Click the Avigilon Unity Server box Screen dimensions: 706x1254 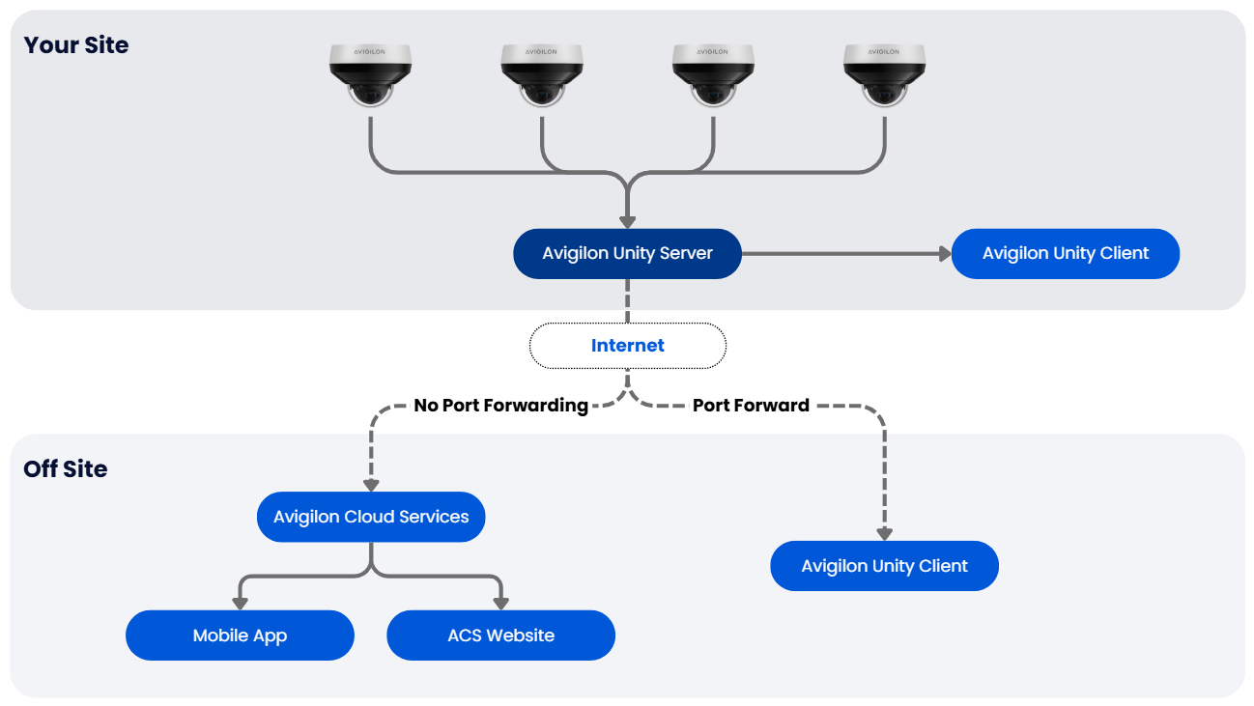coord(627,254)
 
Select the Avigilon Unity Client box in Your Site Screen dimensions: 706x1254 coord(1065,254)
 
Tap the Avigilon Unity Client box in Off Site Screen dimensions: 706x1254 coord(884,566)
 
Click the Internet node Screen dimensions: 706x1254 coord(627,346)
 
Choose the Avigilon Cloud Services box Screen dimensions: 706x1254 coord(371,517)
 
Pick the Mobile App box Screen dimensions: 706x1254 coord(240,635)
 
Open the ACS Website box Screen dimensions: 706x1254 coord(500,635)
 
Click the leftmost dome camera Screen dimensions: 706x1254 coord(371,75)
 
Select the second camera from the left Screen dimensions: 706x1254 coord(542,75)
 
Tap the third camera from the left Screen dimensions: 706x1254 coord(713,75)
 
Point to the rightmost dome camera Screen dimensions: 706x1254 coord(884,75)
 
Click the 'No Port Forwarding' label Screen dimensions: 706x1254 coord(500,406)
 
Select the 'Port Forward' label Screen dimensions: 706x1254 coord(751,406)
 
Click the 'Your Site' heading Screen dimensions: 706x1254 coord(75,45)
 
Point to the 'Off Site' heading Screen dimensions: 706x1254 coord(65,469)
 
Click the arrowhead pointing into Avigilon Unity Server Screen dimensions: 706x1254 coord(627,221)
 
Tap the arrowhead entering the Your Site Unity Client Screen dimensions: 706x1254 coord(944,254)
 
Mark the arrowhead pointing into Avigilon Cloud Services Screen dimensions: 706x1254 coord(371,485)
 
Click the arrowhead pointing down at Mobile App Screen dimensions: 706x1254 coord(240,604)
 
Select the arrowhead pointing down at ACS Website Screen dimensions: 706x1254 coord(500,604)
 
